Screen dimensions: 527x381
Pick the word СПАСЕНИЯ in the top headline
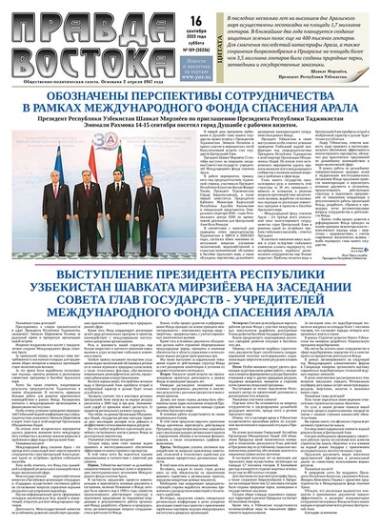(249, 113)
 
